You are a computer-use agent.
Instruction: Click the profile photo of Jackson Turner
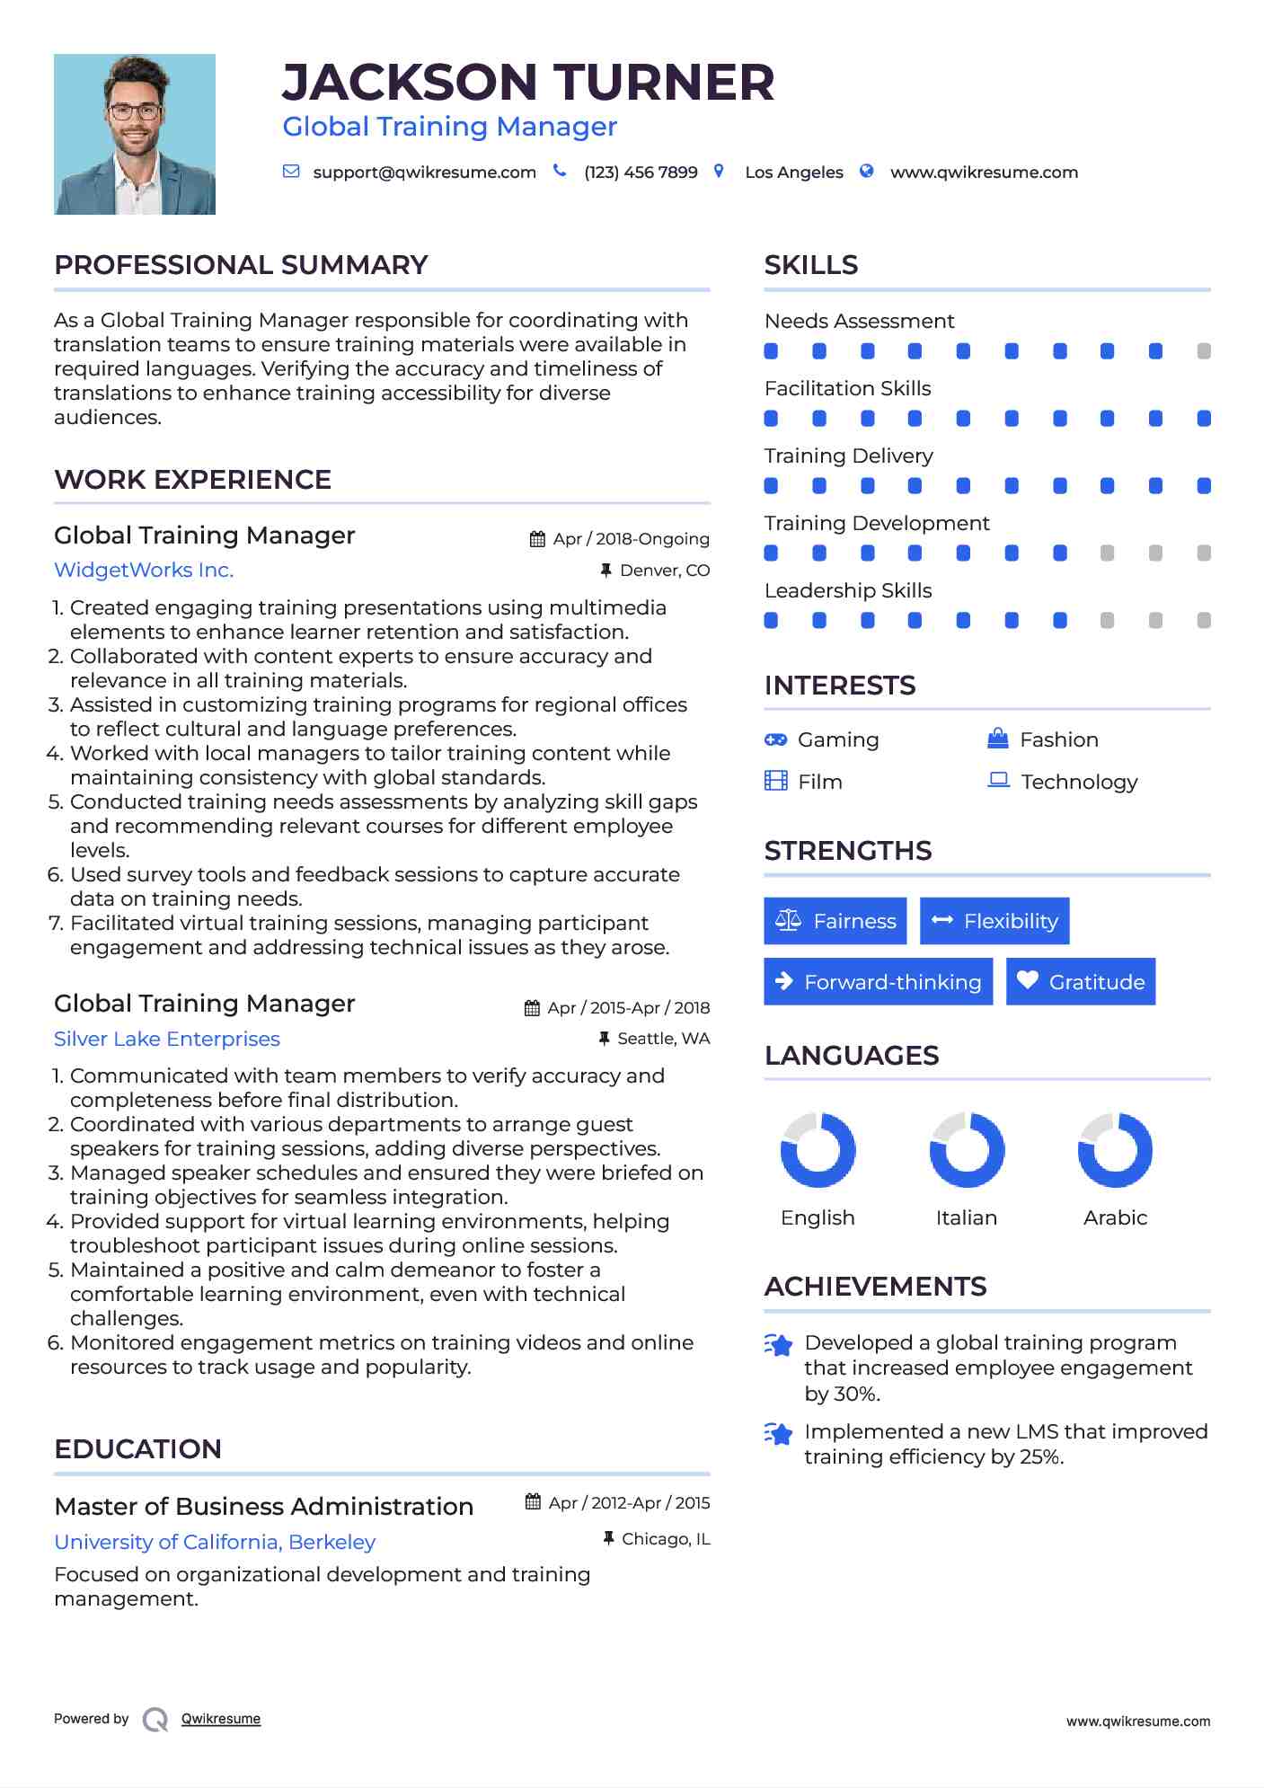[135, 134]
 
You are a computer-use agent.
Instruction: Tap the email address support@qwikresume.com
[424, 173]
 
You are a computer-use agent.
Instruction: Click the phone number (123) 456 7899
[641, 173]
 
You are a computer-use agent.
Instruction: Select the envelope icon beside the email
[291, 172]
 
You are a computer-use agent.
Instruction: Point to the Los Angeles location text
[794, 173]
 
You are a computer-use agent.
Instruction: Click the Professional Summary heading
[241, 265]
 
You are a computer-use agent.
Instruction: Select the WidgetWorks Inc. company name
[144, 570]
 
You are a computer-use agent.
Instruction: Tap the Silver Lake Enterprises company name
[167, 1039]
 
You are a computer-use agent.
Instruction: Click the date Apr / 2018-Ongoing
[631, 539]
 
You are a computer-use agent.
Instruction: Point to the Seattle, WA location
[663, 1039]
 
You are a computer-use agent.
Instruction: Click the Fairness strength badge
[835, 921]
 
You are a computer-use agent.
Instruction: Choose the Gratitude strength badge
[1081, 982]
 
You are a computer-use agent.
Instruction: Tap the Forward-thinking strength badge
[878, 982]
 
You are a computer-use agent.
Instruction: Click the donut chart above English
[818, 1150]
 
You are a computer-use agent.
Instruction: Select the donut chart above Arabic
[1115, 1150]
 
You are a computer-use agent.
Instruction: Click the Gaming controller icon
[775, 739]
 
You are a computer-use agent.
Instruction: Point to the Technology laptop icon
[998, 780]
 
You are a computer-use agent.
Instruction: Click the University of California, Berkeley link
[215, 1542]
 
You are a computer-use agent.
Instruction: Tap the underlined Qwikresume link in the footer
[221, 1719]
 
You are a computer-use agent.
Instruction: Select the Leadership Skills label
[848, 590]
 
